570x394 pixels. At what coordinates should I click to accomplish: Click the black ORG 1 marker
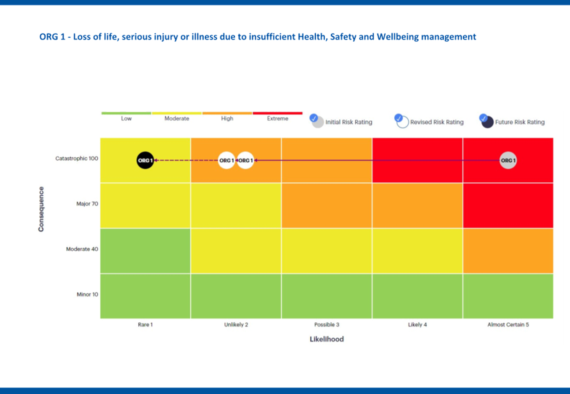(145, 160)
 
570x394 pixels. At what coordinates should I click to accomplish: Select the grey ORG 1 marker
(508, 160)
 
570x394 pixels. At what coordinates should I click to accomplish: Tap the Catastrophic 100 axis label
(77, 158)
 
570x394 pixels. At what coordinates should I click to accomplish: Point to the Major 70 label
(87, 204)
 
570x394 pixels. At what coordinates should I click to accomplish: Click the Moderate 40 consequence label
(82, 249)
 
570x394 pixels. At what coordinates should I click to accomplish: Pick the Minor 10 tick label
(87, 294)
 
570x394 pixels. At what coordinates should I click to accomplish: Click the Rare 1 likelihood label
(145, 324)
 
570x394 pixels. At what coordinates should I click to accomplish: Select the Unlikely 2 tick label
(236, 324)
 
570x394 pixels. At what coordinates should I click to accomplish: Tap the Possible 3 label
(327, 324)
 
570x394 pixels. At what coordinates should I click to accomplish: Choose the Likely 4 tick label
(417, 324)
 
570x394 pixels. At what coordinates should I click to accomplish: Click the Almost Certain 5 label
(508, 324)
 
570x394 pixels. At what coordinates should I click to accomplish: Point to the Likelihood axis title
(327, 339)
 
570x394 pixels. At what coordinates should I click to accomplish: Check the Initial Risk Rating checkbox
(314, 118)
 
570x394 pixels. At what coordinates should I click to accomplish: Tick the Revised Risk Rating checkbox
(398, 118)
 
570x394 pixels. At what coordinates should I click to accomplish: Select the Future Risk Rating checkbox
(483, 118)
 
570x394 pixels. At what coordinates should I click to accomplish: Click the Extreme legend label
(278, 119)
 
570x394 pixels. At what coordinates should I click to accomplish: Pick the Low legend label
(126, 119)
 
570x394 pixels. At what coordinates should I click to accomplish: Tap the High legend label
(227, 119)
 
